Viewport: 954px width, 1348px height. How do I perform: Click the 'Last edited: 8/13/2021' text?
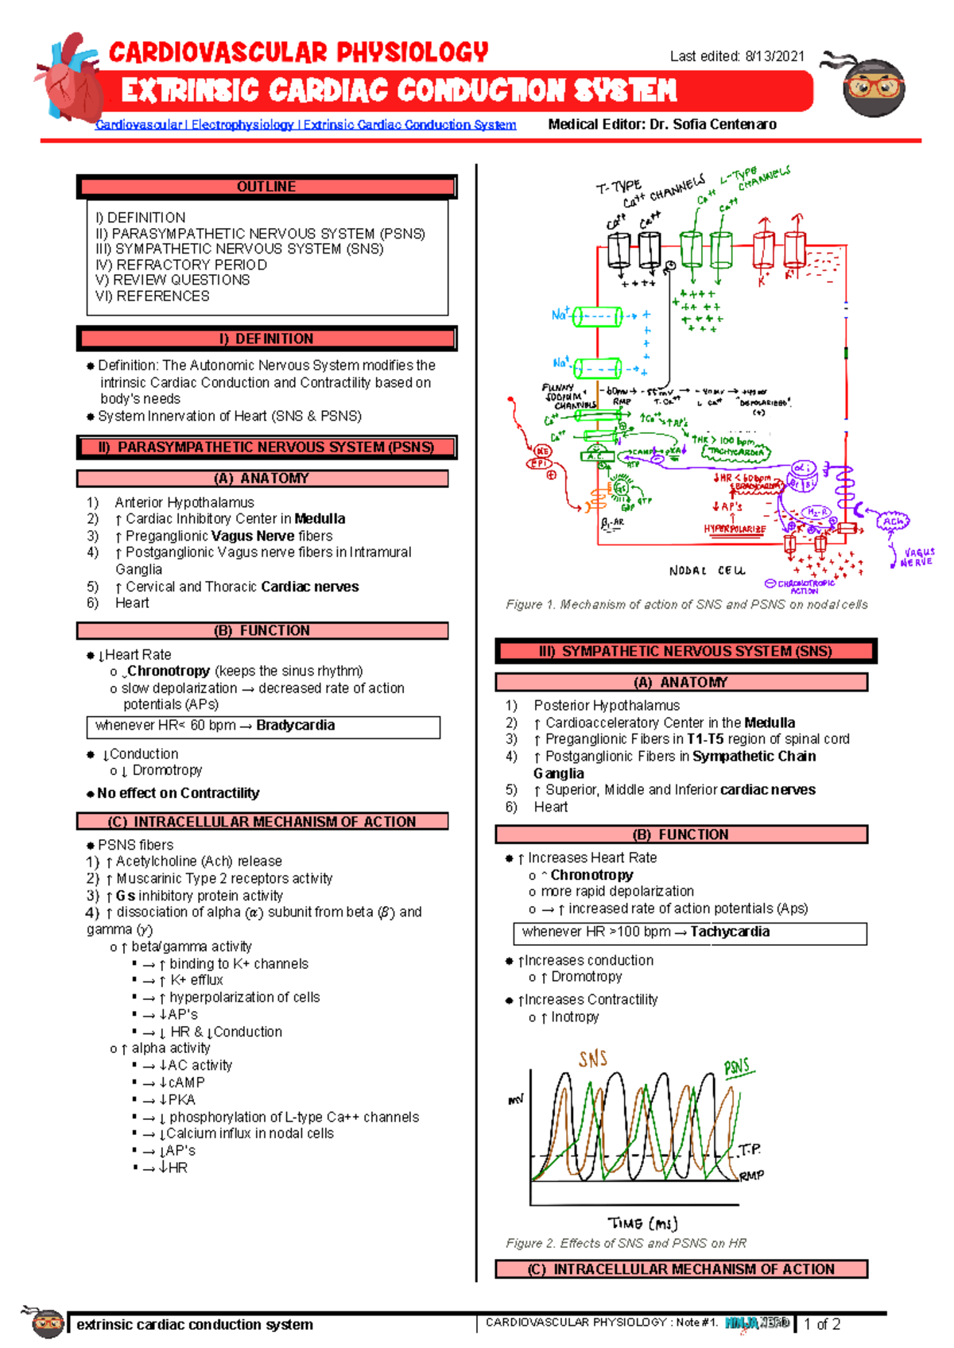[737, 56]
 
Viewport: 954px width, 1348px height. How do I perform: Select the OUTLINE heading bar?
[266, 187]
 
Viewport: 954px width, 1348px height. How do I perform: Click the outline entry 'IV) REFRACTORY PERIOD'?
[181, 265]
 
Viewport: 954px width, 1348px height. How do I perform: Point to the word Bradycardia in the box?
[295, 726]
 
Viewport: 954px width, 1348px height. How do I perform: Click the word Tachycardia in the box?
[729, 932]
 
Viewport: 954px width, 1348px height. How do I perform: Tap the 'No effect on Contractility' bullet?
[178, 793]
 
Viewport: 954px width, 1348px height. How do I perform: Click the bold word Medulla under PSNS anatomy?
[320, 519]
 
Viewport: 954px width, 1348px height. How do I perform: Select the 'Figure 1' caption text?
[686, 605]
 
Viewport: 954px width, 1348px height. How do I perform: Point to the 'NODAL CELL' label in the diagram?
[707, 571]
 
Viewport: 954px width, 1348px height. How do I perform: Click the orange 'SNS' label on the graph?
[593, 1059]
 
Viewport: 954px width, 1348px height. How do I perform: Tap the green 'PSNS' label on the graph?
[737, 1067]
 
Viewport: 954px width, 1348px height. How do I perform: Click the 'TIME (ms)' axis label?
[642, 1223]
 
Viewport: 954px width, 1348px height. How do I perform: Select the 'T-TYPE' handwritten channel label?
[619, 188]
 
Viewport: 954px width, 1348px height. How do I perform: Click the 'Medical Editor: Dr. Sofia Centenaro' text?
[662, 124]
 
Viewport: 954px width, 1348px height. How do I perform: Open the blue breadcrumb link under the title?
[305, 125]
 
